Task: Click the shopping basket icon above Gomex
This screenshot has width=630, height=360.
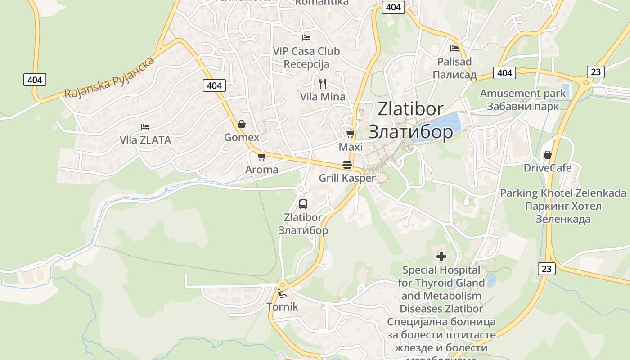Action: (x=242, y=124)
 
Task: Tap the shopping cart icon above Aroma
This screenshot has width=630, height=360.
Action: (x=261, y=157)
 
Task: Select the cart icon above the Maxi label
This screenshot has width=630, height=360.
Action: (x=350, y=134)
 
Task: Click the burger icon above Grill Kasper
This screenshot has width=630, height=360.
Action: (x=347, y=165)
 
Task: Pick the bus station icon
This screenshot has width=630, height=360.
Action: (x=303, y=204)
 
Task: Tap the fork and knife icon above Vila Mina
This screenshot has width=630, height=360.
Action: (x=322, y=83)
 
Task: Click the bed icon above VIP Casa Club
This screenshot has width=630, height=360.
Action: (x=306, y=38)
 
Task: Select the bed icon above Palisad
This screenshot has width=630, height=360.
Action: (x=454, y=48)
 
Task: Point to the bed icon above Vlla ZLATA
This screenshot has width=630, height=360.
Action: (x=145, y=127)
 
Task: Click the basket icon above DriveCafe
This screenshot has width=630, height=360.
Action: (x=547, y=155)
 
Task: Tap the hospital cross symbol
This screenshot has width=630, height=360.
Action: (x=441, y=256)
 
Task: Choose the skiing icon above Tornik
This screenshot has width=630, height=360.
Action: (x=282, y=294)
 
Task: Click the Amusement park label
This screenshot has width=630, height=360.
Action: (x=523, y=94)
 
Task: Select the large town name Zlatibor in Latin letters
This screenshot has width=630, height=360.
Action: (x=410, y=109)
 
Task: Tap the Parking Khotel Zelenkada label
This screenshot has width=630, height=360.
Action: (x=563, y=193)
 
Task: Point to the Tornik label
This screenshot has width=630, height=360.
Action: (x=282, y=307)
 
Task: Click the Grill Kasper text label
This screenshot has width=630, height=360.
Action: (x=347, y=178)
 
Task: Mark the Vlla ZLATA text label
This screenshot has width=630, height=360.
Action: (x=145, y=140)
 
